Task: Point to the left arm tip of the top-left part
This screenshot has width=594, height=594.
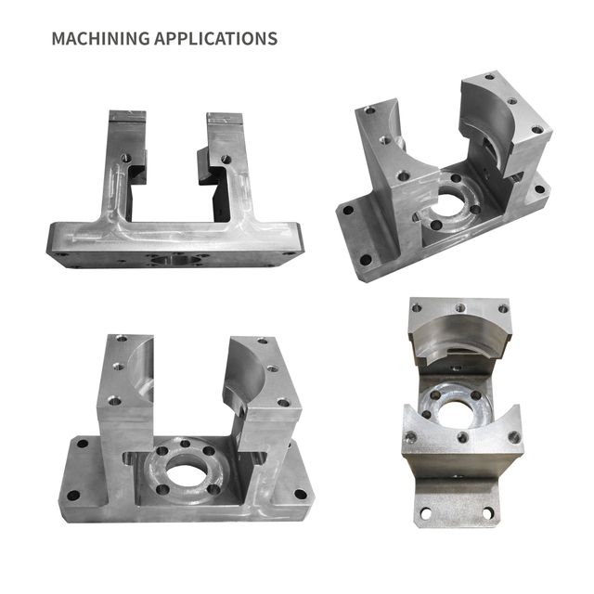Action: pyautogui.click(x=127, y=118)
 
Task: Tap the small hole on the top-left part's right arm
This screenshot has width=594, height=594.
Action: pyautogui.click(x=222, y=159)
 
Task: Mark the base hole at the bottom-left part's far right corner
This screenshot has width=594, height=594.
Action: pyautogui.click(x=299, y=494)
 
